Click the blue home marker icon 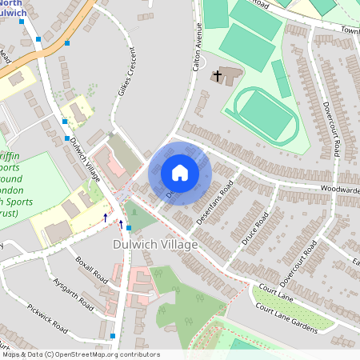click(x=180, y=173)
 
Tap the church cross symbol click(x=217, y=76)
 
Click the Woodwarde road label click(x=339, y=190)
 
